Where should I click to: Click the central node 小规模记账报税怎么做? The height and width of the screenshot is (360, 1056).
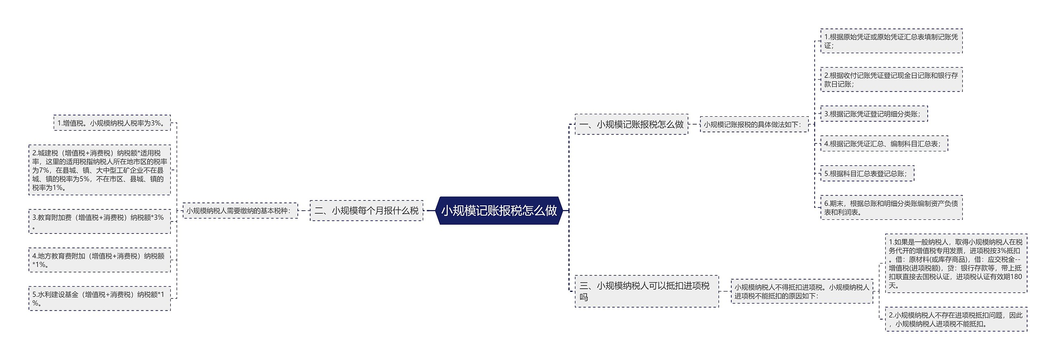pyautogui.click(x=499, y=211)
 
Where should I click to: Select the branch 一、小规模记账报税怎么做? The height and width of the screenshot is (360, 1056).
pyautogui.click(x=631, y=124)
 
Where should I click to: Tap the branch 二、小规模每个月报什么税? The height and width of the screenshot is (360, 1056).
pyautogui.click(x=366, y=211)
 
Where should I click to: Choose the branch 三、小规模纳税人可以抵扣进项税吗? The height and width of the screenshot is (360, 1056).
pyautogui.click(x=646, y=291)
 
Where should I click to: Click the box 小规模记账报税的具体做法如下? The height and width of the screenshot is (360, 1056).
pyautogui.click(x=754, y=124)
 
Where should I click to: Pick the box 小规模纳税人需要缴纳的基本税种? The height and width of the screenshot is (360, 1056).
pyautogui.click(x=240, y=211)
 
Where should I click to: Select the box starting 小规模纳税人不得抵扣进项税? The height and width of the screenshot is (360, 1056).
pyautogui.click(x=801, y=291)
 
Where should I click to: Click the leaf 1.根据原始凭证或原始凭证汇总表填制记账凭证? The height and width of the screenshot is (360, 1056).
pyautogui.click(x=891, y=41)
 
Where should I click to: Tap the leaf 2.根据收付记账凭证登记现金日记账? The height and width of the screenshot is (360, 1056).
pyautogui.click(x=891, y=80)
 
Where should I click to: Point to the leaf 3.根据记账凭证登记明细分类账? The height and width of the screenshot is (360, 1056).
pyautogui.click(x=874, y=114)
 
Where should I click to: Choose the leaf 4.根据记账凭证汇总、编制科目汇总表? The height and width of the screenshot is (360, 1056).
pyautogui.click(x=884, y=144)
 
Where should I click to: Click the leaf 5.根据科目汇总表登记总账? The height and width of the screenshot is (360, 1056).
pyautogui.click(x=867, y=174)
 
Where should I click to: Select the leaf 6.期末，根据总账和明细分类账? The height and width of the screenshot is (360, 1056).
pyautogui.click(x=891, y=207)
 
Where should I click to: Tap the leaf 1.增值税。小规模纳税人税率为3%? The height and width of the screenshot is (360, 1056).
pyautogui.click(x=112, y=123)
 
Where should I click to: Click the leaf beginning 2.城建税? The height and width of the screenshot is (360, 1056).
pyautogui.click(x=99, y=170)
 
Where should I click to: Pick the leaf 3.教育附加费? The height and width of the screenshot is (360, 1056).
pyautogui.click(x=99, y=221)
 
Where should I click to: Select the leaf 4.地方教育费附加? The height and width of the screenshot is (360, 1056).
pyautogui.click(x=99, y=260)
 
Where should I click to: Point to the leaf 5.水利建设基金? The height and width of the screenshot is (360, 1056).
pyautogui.click(x=99, y=299)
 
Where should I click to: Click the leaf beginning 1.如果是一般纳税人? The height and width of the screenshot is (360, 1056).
pyautogui.click(x=956, y=264)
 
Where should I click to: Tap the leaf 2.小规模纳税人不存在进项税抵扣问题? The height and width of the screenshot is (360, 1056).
pyautogui.click(x=956, y=319)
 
